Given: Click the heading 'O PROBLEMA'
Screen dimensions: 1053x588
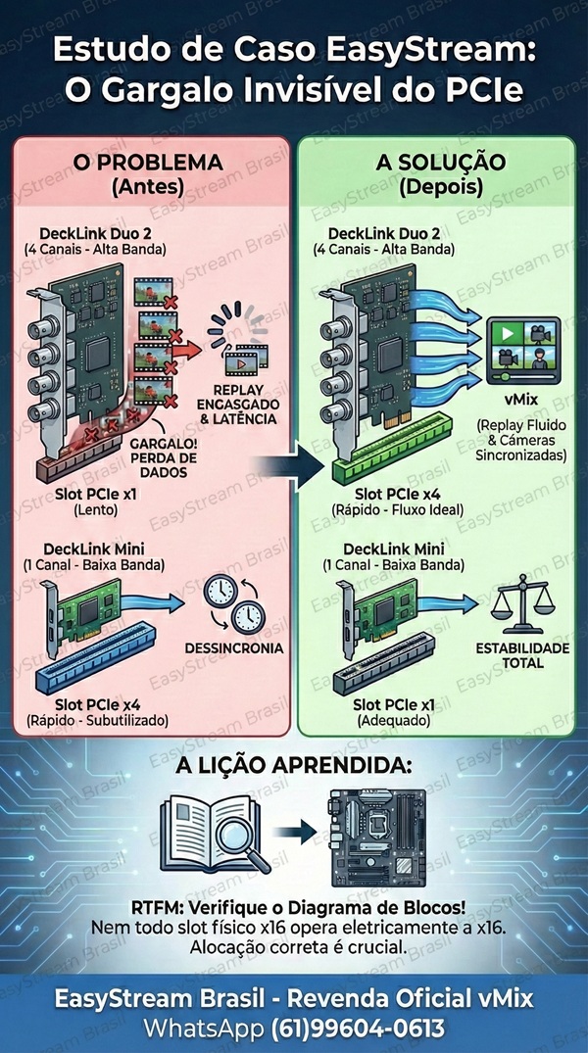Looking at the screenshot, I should click(147, 162).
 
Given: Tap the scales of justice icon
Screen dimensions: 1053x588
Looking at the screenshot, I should click(524, 610).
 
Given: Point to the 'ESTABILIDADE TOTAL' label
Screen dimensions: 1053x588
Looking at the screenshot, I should click(522, 656).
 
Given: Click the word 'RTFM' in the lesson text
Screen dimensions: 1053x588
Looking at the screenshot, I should click(155, 906).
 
